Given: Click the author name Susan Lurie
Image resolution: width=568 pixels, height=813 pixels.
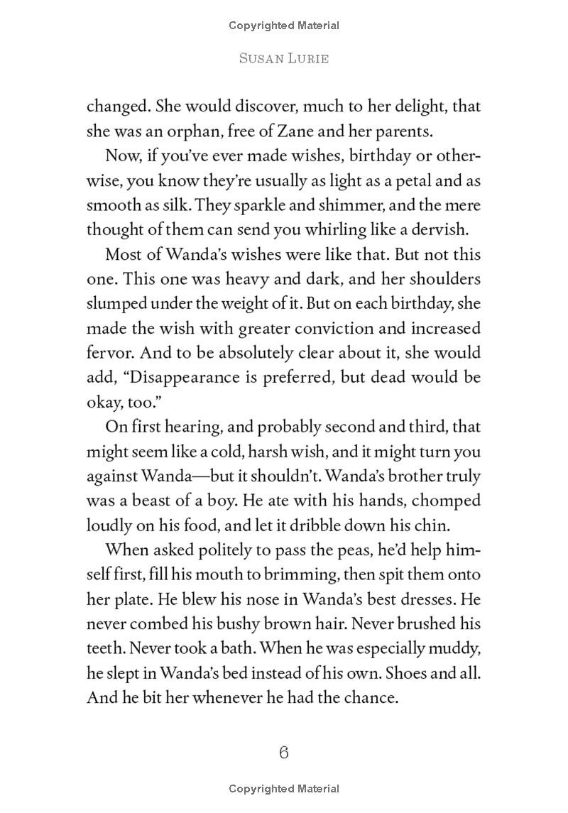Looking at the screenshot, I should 283,59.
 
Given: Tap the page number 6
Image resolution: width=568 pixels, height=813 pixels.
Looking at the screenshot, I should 284,753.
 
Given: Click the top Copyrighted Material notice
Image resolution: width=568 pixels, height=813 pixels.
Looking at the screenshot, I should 284,26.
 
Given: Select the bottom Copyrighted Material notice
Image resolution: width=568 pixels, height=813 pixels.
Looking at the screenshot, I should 284,788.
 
